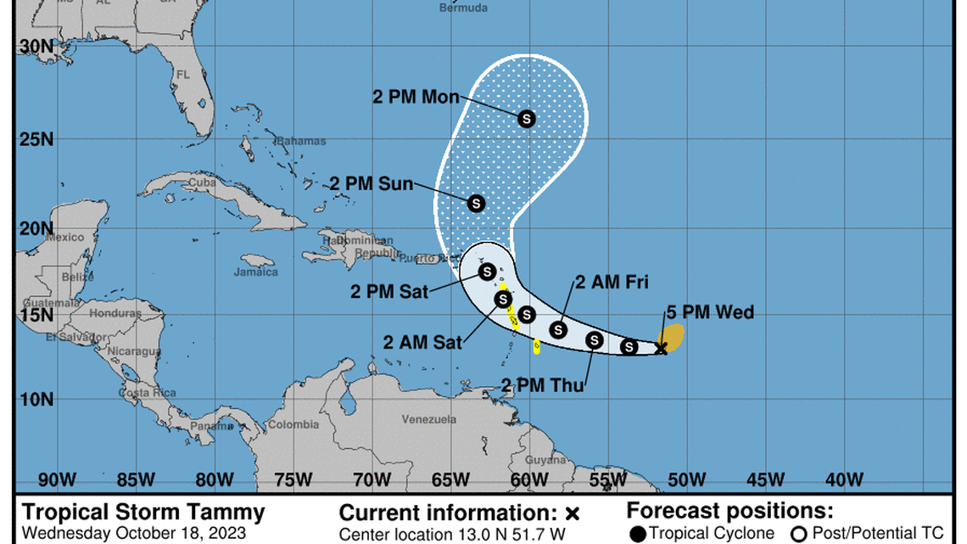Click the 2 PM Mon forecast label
(x=416, y=96)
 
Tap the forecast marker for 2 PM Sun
(x=476, y=204)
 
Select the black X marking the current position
(x=662, y=348)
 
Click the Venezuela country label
(x=429, y=420)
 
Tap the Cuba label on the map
(x=202, y=182)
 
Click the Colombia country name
(x=294, y=424)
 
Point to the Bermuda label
(x=463, y=8)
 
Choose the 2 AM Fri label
(x=612, y=283)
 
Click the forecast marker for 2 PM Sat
(x=486, y=272)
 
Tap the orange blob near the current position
(x=674, y=337)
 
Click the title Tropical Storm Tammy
(x=143, y=513)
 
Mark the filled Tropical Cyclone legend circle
(x=638, y=534)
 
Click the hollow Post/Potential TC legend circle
(x=798, y=534)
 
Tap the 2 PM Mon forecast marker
(x=526, y=119)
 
